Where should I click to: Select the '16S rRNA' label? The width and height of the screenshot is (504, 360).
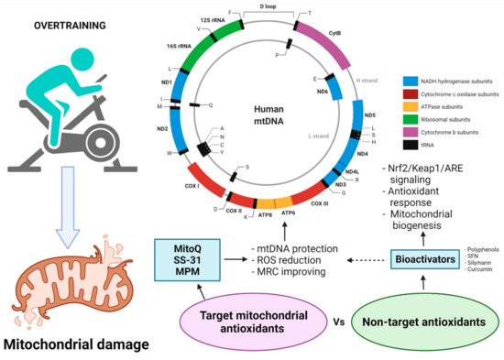click(x=171, y=43)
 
